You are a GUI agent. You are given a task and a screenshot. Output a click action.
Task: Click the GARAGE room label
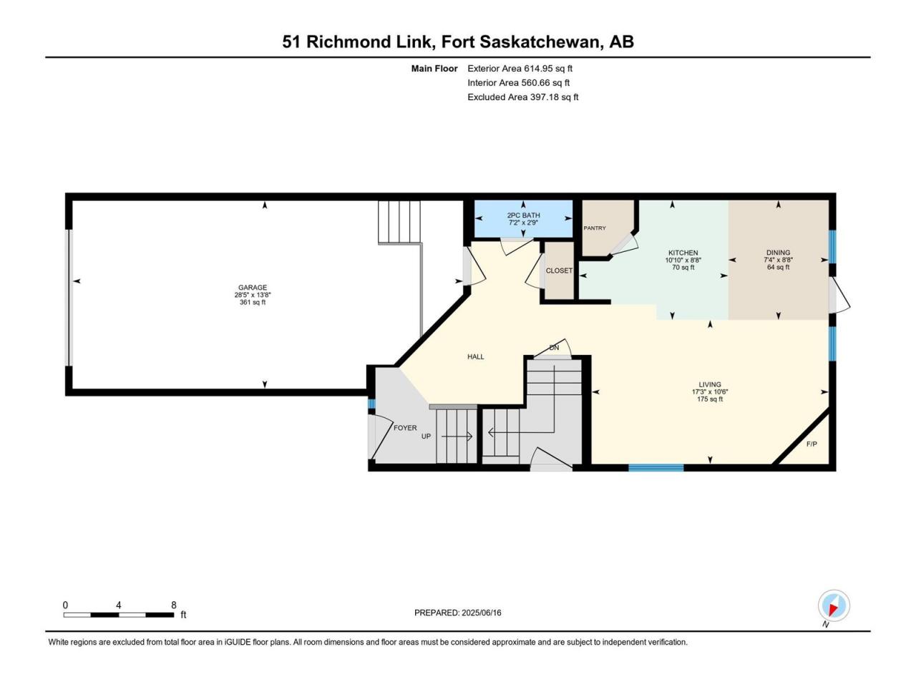point(253,288)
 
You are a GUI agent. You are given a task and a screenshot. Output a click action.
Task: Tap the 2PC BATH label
point(523,215)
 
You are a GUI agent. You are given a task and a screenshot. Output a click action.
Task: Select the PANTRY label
point(594,228)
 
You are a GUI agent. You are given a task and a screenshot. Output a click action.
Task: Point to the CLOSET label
point(559,271)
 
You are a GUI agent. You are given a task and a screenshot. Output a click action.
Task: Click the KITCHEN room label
point(683,253)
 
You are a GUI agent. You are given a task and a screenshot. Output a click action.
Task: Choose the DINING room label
point(778,253)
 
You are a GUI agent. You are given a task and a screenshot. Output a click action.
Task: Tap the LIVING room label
point(710,384)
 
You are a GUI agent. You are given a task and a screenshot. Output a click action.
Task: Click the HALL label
point(475,356)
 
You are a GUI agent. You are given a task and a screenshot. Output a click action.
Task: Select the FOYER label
point(405,428)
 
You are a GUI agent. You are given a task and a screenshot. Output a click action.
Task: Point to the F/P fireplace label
point(812,444)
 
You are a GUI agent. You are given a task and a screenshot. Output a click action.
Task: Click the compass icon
point(834,605)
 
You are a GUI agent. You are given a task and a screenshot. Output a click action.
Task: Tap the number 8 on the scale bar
point(174,605)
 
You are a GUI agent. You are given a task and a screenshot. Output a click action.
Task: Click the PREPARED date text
point(458,613)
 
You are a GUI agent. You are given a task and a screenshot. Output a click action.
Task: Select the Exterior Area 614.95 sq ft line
point(520,69)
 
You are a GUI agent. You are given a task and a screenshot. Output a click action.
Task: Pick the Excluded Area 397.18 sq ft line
point(523,97)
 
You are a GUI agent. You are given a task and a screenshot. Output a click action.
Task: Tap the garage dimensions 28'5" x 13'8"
point(253,295)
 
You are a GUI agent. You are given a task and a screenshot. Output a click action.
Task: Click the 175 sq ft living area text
point(710,399)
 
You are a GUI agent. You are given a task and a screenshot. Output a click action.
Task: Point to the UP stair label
point(426,437)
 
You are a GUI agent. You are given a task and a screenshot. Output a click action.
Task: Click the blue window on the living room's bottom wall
point(656,467)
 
